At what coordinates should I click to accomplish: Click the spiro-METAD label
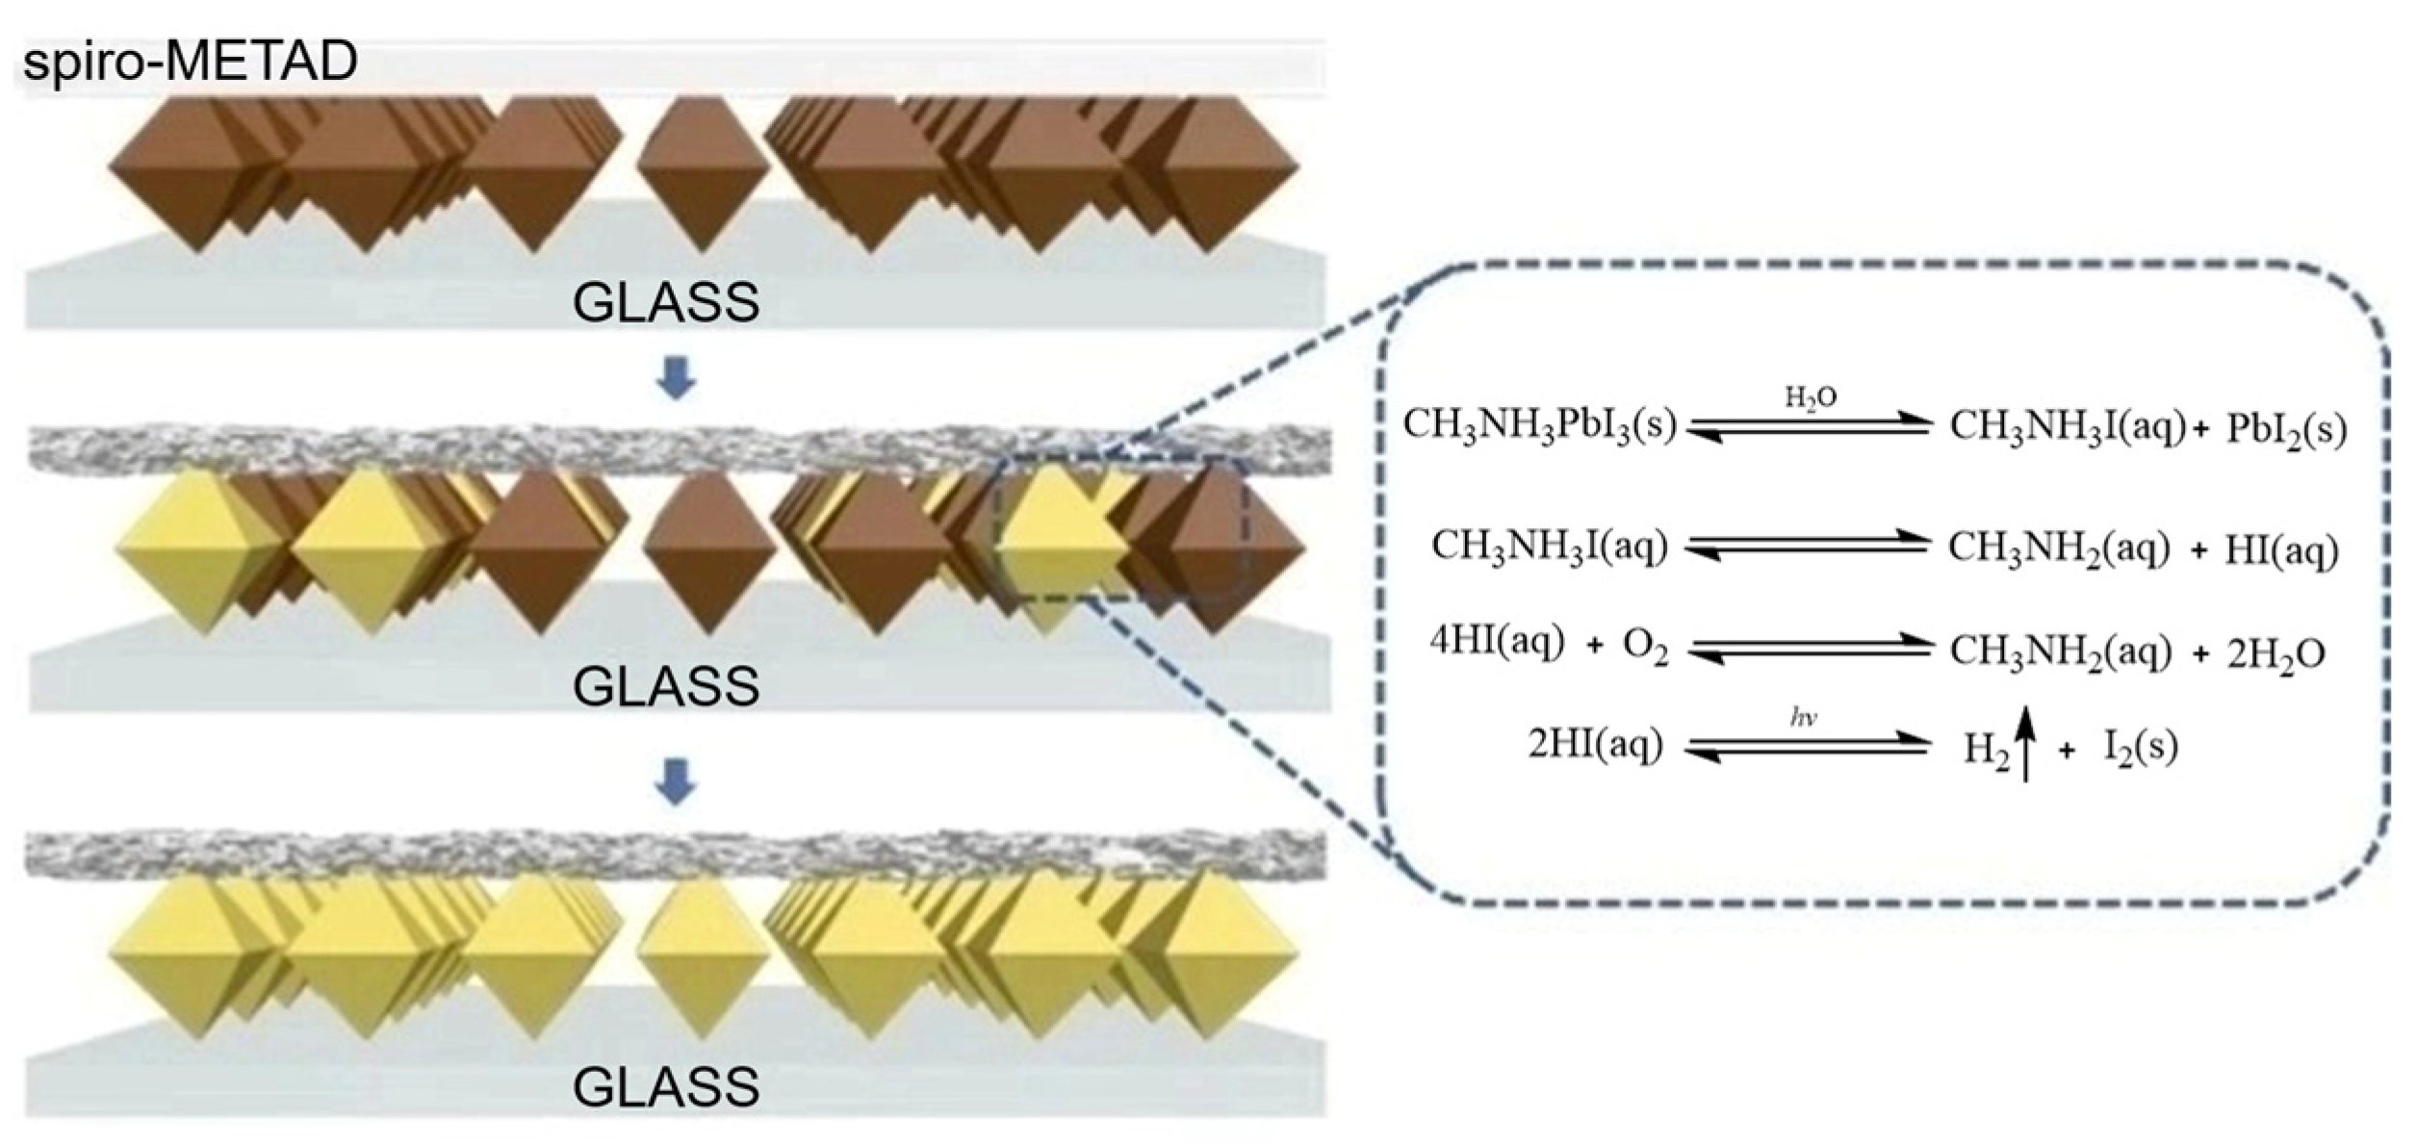click(x=190, y=63)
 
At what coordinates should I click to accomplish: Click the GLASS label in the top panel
click(x=665, y=303)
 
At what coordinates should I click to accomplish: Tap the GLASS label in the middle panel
click(x=665, y=687)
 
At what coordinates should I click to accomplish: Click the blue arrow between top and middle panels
click(x=675, y=382)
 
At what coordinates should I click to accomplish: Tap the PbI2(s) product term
click(x=2286, y=429)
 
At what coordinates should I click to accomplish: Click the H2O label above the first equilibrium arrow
click(x=1811, y=398)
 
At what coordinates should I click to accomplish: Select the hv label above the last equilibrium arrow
click(x=1804, y=718)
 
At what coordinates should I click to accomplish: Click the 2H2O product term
click(x=2276, y=654)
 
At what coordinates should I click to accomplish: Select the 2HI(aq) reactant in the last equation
click(x=1595, y=746)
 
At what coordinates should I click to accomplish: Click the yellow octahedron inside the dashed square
click(x=1059, y=539)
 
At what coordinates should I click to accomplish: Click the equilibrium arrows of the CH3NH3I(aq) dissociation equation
click(x=1808, y=546)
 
